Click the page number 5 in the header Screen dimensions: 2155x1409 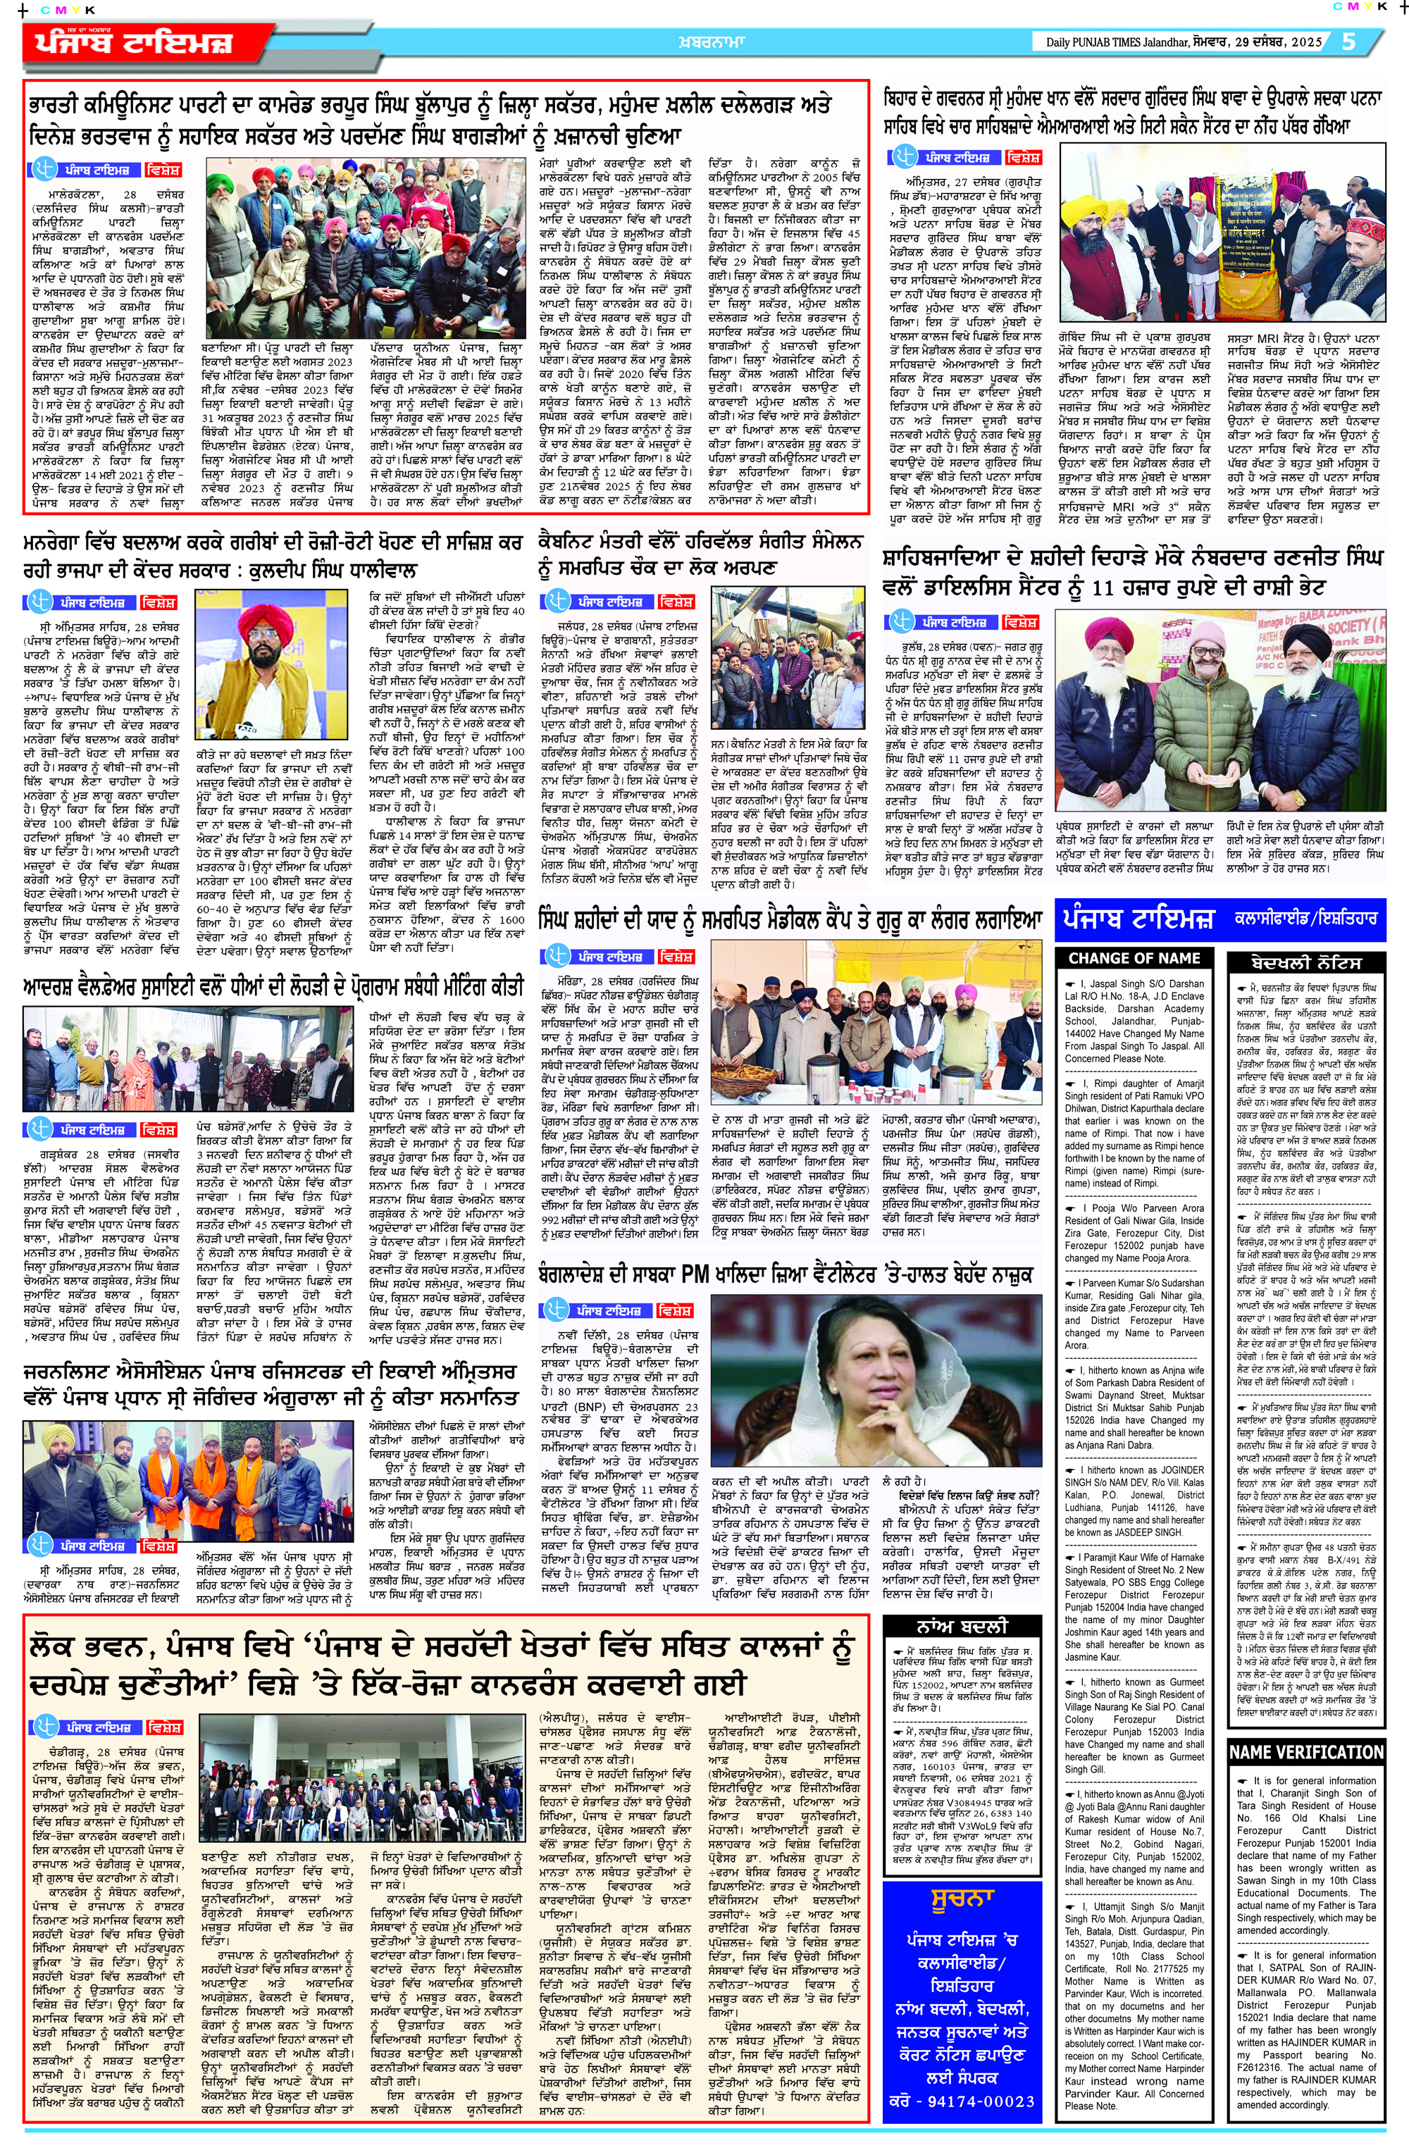(x=1348, y=42)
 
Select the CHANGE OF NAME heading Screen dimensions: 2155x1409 (x=1134, y=958)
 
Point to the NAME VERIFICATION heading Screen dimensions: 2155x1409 (x=1305, y=1751)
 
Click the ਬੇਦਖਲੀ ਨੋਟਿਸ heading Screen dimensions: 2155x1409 (x=1305, y=962)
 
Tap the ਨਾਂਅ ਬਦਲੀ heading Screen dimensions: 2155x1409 (x=962, y=1625)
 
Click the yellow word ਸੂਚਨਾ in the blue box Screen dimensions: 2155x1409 (x=962, y=1899)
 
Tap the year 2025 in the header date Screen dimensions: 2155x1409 (x=1305, y=42)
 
